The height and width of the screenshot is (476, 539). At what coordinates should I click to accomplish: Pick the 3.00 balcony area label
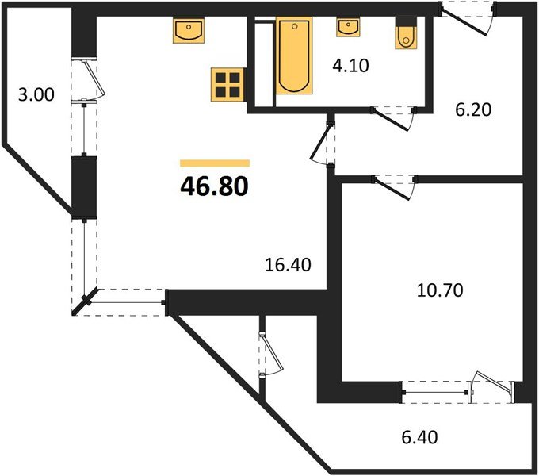[36, 95]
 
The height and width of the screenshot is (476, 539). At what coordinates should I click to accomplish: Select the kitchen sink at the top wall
[188, 31]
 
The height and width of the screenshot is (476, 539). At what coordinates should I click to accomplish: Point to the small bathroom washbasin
[346, 27]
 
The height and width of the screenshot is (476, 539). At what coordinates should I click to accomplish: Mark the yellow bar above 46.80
[214, 163]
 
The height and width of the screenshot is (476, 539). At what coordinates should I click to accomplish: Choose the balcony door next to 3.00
[91, 79]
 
